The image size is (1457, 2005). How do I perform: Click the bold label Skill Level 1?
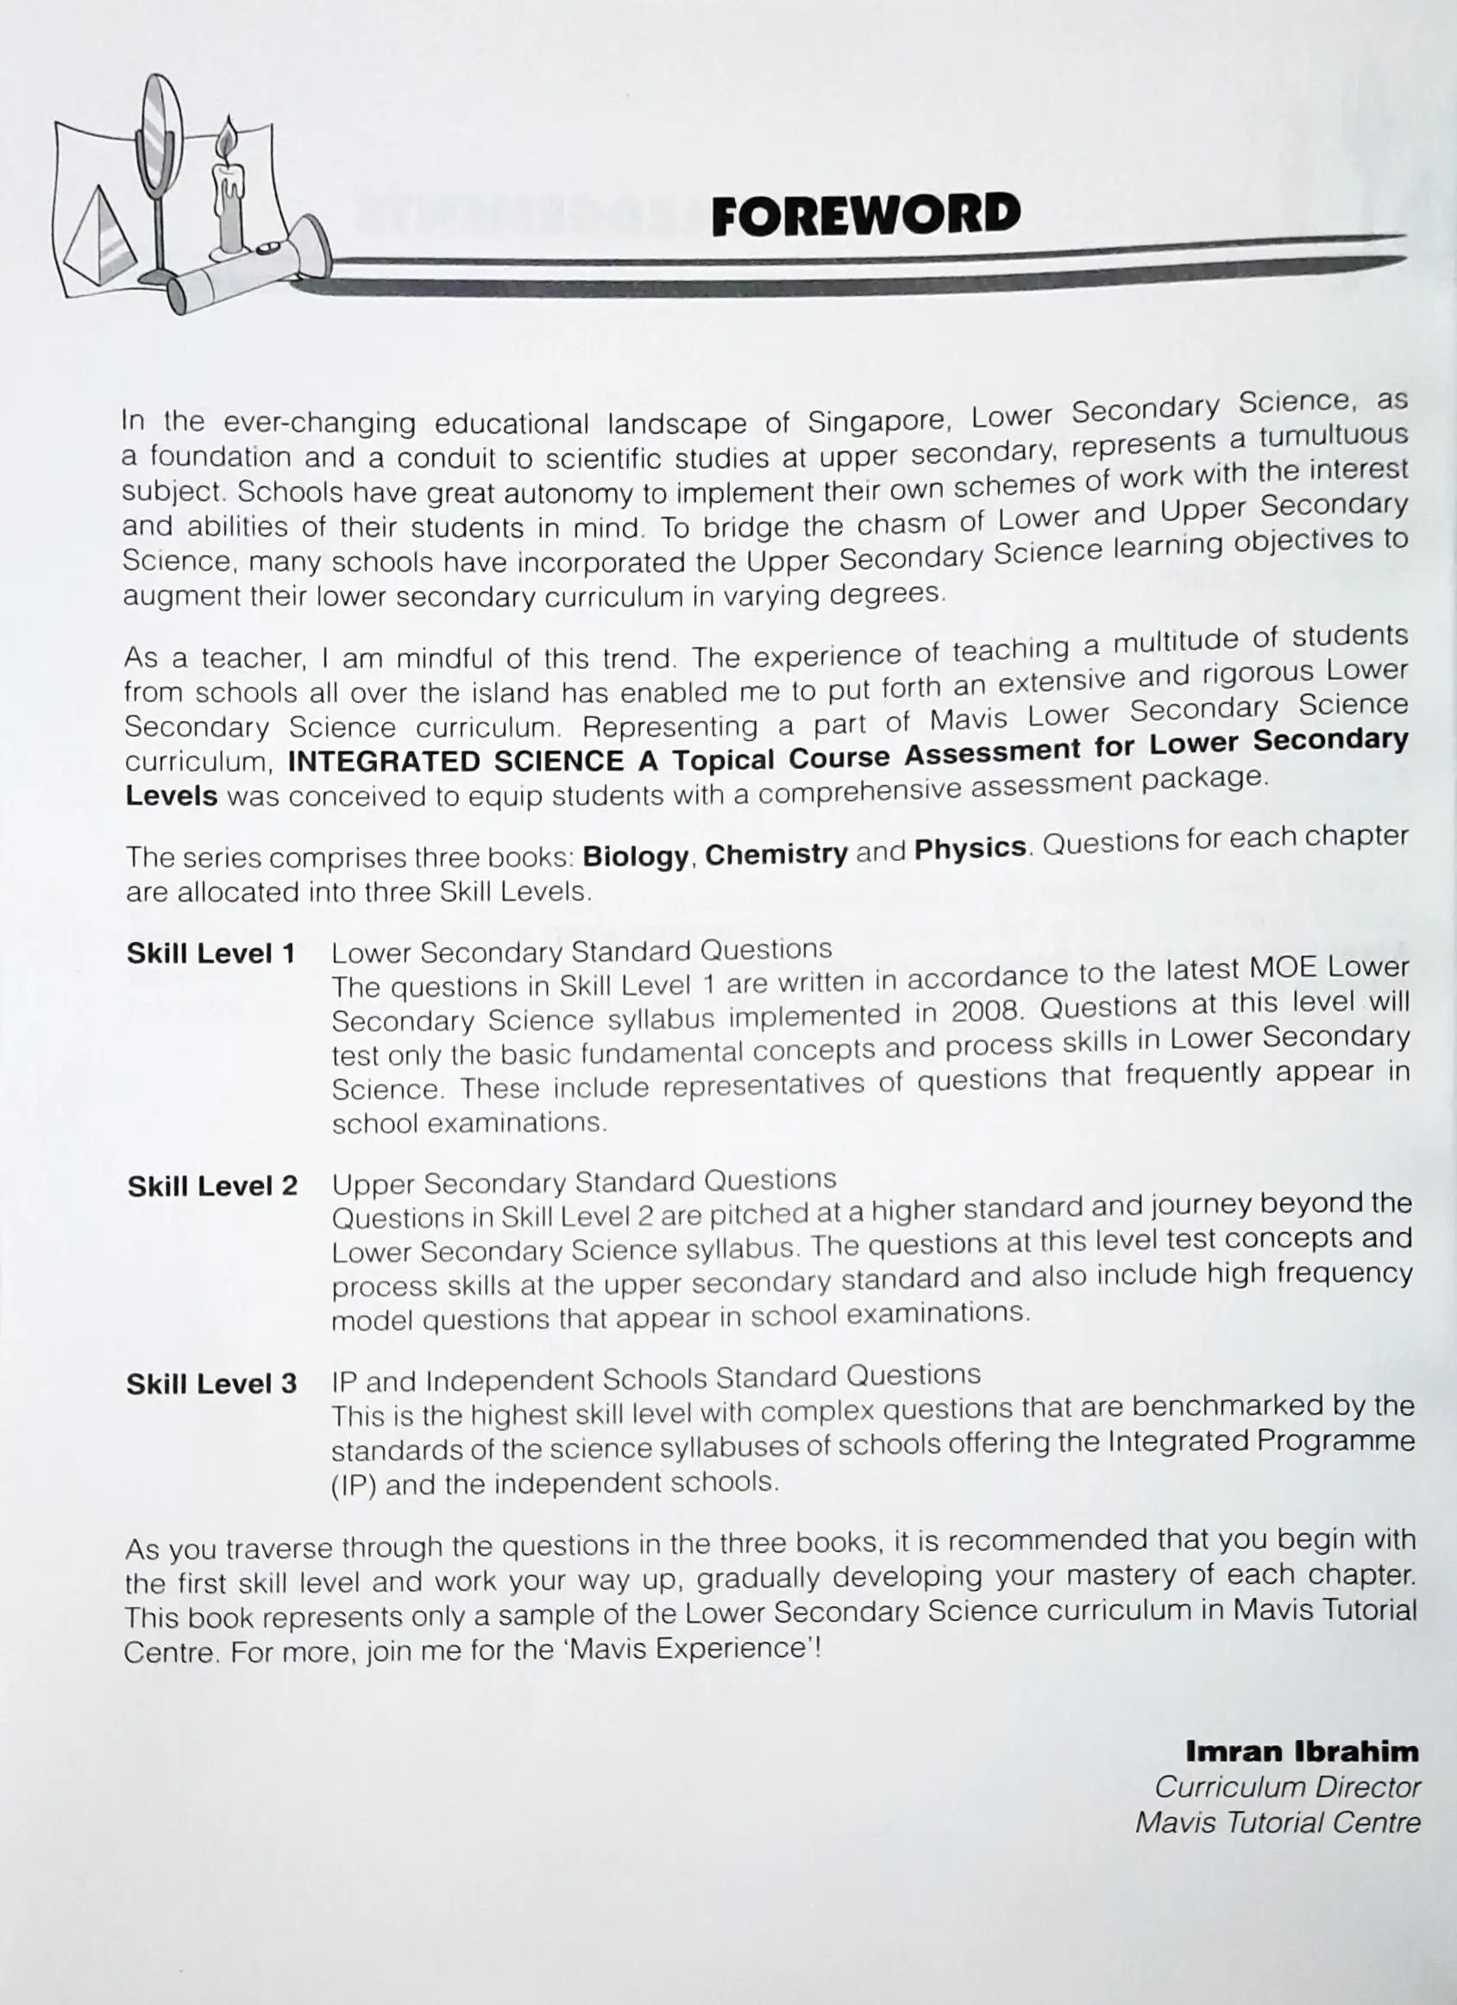pyautogui.click(x=210, y=954)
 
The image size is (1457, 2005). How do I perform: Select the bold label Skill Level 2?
pyautogui.click(x=212, y=1186)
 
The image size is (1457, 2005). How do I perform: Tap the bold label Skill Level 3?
pyautogui.click(x=211, y=1385)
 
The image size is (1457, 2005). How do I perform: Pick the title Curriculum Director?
pyautogui.click(x=1287, y=1787)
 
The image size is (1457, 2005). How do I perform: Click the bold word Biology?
pyautogui.click(x=636, y=857)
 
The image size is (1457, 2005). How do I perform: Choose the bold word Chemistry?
pyautogui.click(x=776, y=854)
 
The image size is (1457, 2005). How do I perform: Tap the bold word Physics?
pyautogui.click(x=970, y=849)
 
